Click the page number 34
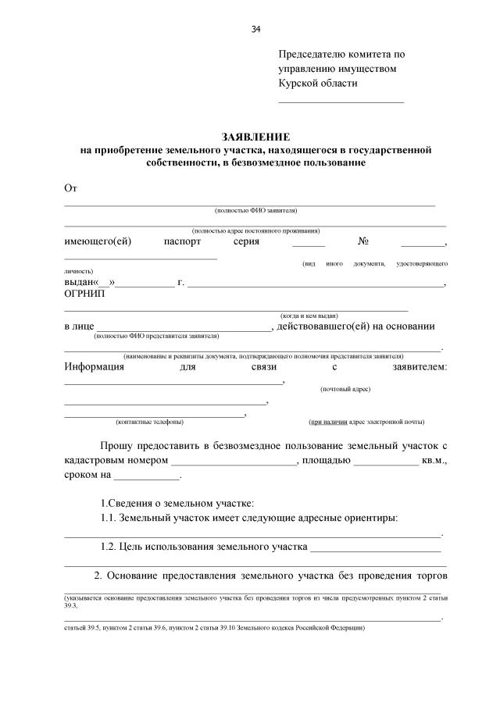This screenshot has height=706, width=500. coord(255,30)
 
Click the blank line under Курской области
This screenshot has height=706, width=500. coord(341,102)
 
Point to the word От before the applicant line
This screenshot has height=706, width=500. coord(71,187)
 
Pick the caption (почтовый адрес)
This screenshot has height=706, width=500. coord(345,388)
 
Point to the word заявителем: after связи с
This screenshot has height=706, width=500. coord(421,366)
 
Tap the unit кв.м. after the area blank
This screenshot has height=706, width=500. coord(434,461)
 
